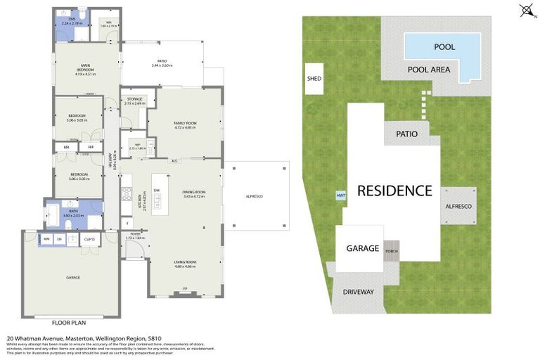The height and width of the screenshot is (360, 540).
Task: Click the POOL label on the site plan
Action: pyautogui.click(x=444, y=47)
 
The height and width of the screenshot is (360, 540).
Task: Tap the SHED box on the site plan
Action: pyautogui.click(x=314, y=79)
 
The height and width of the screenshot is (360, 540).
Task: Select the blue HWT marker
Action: pyautogui.click(x=341, y=195)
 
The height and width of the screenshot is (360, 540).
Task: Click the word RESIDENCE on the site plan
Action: pyautogui.click(x=394, y=190)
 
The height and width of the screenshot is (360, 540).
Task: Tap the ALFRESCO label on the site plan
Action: pyautogui.click(x=460, y=206)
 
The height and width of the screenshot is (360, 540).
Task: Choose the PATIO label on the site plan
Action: pyautogui.click(x=406, y=134)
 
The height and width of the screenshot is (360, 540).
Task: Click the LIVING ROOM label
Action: pyautogui.click(x=185, y=262)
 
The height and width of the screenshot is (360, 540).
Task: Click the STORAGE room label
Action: pyautogui.click(x=135, y=99)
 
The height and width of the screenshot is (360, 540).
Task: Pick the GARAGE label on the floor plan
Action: pyautogui.click(x=72, y=278)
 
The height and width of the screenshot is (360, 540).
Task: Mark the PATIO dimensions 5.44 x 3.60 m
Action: pyautogui.click(x=162, y=66)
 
